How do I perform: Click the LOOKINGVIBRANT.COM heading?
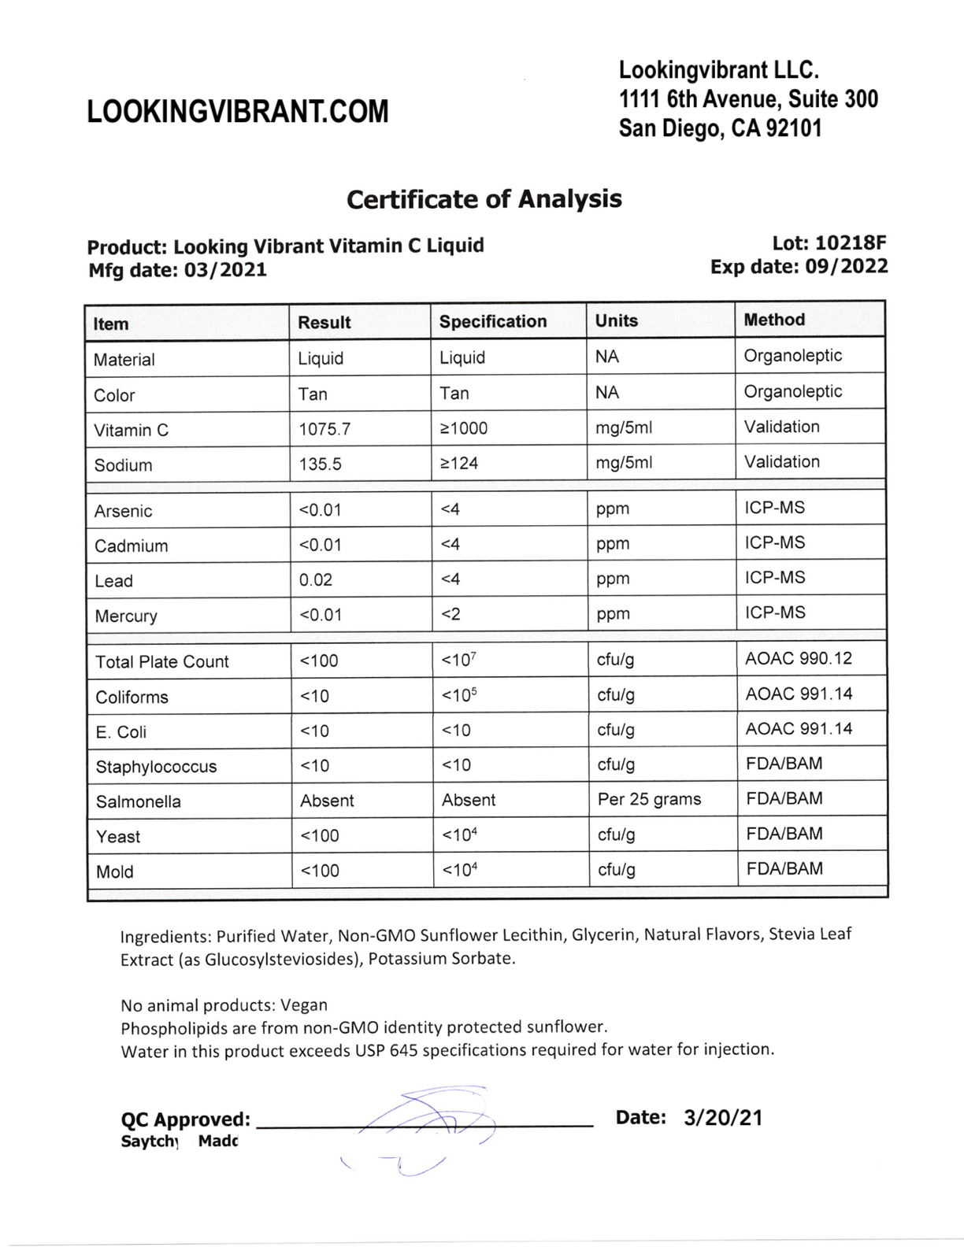pyautogui.click(x=237, y=112)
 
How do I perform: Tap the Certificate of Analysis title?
pyautogui.click(x=484, y=199)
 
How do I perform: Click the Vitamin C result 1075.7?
pyautogui.click(x=324, y=429)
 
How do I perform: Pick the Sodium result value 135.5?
pyautogui.click(x=320, y=464)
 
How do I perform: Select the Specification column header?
pyautogui.click(x=492, y=321)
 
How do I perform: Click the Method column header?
pyautogui.click(x=774, y=320)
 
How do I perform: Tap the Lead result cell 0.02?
pyautogui.click(x=316, y=580)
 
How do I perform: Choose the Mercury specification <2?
pyautogui.click(x=450, y=614)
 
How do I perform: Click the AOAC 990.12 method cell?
pyautogui.click(x=798, y=658)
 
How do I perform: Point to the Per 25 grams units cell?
pyautogui.click(x=649, y=799)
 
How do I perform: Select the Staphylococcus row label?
pyautogui.click(x=156, y=767)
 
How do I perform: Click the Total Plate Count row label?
pyautogui.click(x=161, y=662)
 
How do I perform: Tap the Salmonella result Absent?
pyautogui.click(x=327, y=801)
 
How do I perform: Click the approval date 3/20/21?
pyautogui.click(x=723, y=1118)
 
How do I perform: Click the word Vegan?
pyautogui.click(x=303, y=1005)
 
